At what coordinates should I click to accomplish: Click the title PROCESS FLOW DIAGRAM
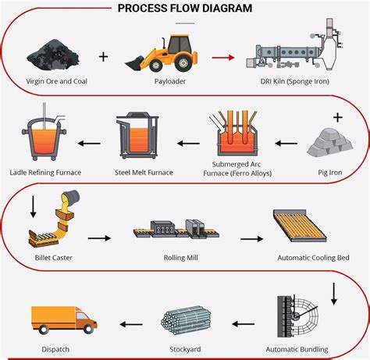184,9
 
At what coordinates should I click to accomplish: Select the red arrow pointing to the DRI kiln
225,57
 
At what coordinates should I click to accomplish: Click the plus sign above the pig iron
337,117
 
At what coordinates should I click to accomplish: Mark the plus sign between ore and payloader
102,56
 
